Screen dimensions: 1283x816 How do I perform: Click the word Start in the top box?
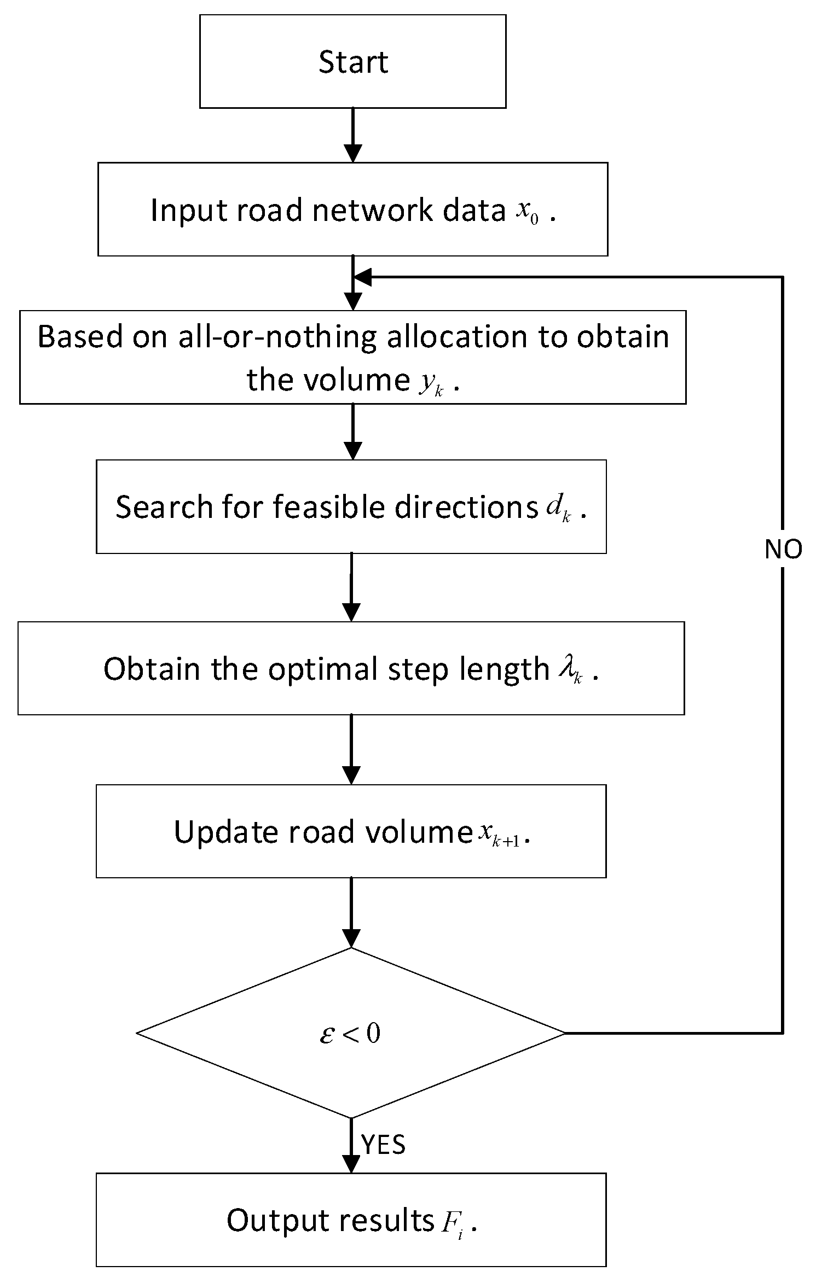tap(353, 62)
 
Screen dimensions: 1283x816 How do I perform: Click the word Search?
tap(163, 507)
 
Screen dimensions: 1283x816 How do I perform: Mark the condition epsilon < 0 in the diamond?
tap(350, 1034)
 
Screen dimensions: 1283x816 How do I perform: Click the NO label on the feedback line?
tap(783, 549)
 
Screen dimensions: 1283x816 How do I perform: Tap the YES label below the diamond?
tap(384, 1145)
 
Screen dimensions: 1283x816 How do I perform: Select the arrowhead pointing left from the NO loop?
tap(363, 277)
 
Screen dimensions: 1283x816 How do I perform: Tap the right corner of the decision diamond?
tap(564, 1033)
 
